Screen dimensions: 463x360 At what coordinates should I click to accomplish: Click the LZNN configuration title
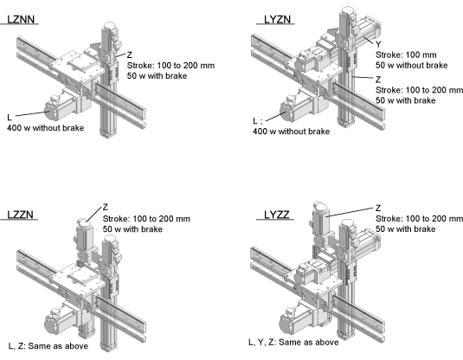21,20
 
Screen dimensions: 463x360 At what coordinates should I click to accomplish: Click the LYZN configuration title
277,20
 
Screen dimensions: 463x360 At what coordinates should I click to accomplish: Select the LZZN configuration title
20,215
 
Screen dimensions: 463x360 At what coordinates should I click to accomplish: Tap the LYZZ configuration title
277,215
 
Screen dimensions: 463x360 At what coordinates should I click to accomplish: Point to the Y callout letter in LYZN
378,45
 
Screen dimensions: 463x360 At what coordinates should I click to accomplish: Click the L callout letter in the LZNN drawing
10,118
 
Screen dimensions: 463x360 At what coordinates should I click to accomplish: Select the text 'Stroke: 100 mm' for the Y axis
406,55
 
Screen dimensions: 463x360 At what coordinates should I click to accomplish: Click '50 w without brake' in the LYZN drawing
412,65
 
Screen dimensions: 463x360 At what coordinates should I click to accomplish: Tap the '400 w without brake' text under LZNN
46,128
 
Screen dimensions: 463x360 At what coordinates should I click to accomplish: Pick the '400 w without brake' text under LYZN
291,132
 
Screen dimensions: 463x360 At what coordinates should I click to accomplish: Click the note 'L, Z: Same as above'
48,346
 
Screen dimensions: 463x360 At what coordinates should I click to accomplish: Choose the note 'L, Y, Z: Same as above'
293,342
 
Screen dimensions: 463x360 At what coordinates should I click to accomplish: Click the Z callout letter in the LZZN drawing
106,208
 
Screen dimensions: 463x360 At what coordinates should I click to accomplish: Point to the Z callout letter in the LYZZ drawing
378,209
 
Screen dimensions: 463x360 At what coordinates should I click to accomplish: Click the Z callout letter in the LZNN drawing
130,55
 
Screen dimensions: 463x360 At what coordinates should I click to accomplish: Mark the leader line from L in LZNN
31,113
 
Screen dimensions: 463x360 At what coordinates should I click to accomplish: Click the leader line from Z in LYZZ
350,212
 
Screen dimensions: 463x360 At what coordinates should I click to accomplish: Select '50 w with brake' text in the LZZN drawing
132,229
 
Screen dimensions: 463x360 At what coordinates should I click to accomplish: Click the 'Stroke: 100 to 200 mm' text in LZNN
171,66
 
